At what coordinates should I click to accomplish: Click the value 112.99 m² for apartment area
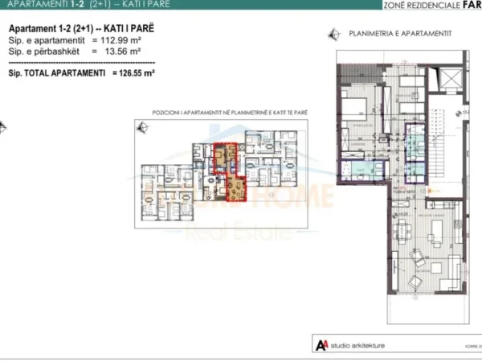click(x=114, y=38)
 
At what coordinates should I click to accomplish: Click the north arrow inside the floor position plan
click(x=144, y=127)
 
